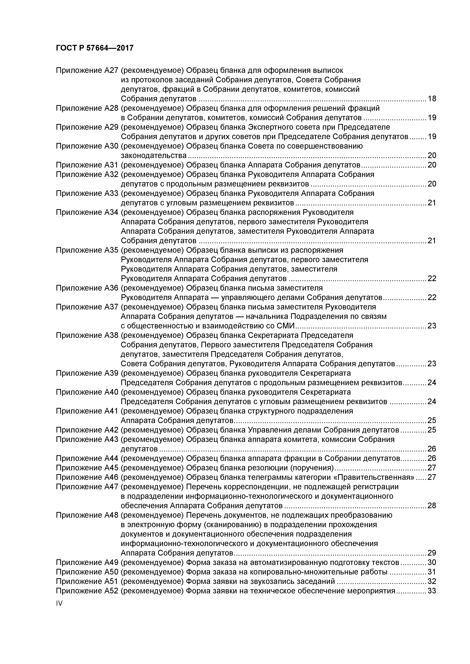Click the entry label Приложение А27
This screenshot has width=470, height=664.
click(87, 70)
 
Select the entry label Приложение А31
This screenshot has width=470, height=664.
click(87, 165)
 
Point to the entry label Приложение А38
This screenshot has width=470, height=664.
click(87, 335)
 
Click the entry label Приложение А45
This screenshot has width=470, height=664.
click(87, 468)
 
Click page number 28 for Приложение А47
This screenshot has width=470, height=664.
click(432, 506)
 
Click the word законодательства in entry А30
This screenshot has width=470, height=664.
click(154, 156)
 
